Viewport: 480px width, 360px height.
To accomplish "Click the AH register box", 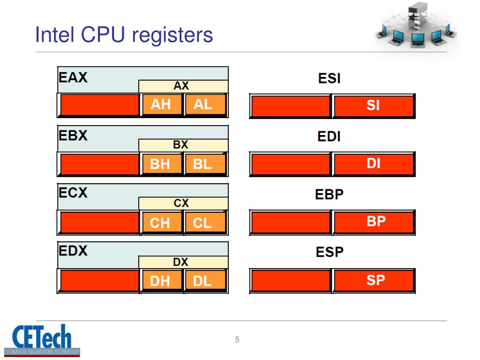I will [x=161, y=105].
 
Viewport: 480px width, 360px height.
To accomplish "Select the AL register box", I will [x=204, y=105].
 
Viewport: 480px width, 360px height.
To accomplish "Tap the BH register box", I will [x=161, y=164].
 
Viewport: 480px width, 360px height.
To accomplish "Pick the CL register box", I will [x=204, y=223].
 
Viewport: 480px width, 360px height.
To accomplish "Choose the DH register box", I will [x=161, y=281].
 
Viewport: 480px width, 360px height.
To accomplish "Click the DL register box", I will [x=204, y=281].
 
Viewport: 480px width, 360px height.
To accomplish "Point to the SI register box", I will [x=374, y=106].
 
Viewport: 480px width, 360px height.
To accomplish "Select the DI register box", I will [x=374, y=164].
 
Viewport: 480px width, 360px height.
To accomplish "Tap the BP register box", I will [x=374, y=222].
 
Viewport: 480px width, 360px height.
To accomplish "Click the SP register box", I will [x=374, y=280].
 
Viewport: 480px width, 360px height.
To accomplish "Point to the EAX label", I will [x=73, y=76].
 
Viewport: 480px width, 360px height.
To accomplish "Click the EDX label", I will [x=73, y=251].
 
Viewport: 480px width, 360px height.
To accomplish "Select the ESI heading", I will [x=329, y=78].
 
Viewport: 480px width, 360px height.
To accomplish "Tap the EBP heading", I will [x=329, y=194].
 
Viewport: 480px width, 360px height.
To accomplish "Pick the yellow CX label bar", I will [x=183, y=203].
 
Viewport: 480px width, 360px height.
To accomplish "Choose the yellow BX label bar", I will [x=183, y=145].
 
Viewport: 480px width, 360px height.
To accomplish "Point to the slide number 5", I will [x=237, y=340].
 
